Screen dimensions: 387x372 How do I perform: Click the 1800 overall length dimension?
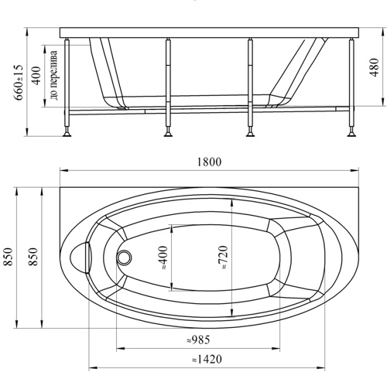[x=209, y=162]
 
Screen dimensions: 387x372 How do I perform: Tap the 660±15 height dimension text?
[x=19, y=82]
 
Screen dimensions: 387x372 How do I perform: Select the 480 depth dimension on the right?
[x=374, y=67]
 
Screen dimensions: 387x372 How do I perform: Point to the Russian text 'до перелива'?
[x=54, y=75]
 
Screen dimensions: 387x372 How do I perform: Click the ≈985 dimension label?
[x=198, y=340]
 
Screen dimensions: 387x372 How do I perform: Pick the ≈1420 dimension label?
[x=207, y=359]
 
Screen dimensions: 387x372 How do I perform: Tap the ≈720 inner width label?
[x=223, y=258]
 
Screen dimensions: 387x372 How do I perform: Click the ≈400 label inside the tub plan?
[x=163, y=258]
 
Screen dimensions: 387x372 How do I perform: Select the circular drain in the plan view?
[x=125, y=258]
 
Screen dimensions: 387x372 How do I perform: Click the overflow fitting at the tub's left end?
[x=80, y=258]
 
